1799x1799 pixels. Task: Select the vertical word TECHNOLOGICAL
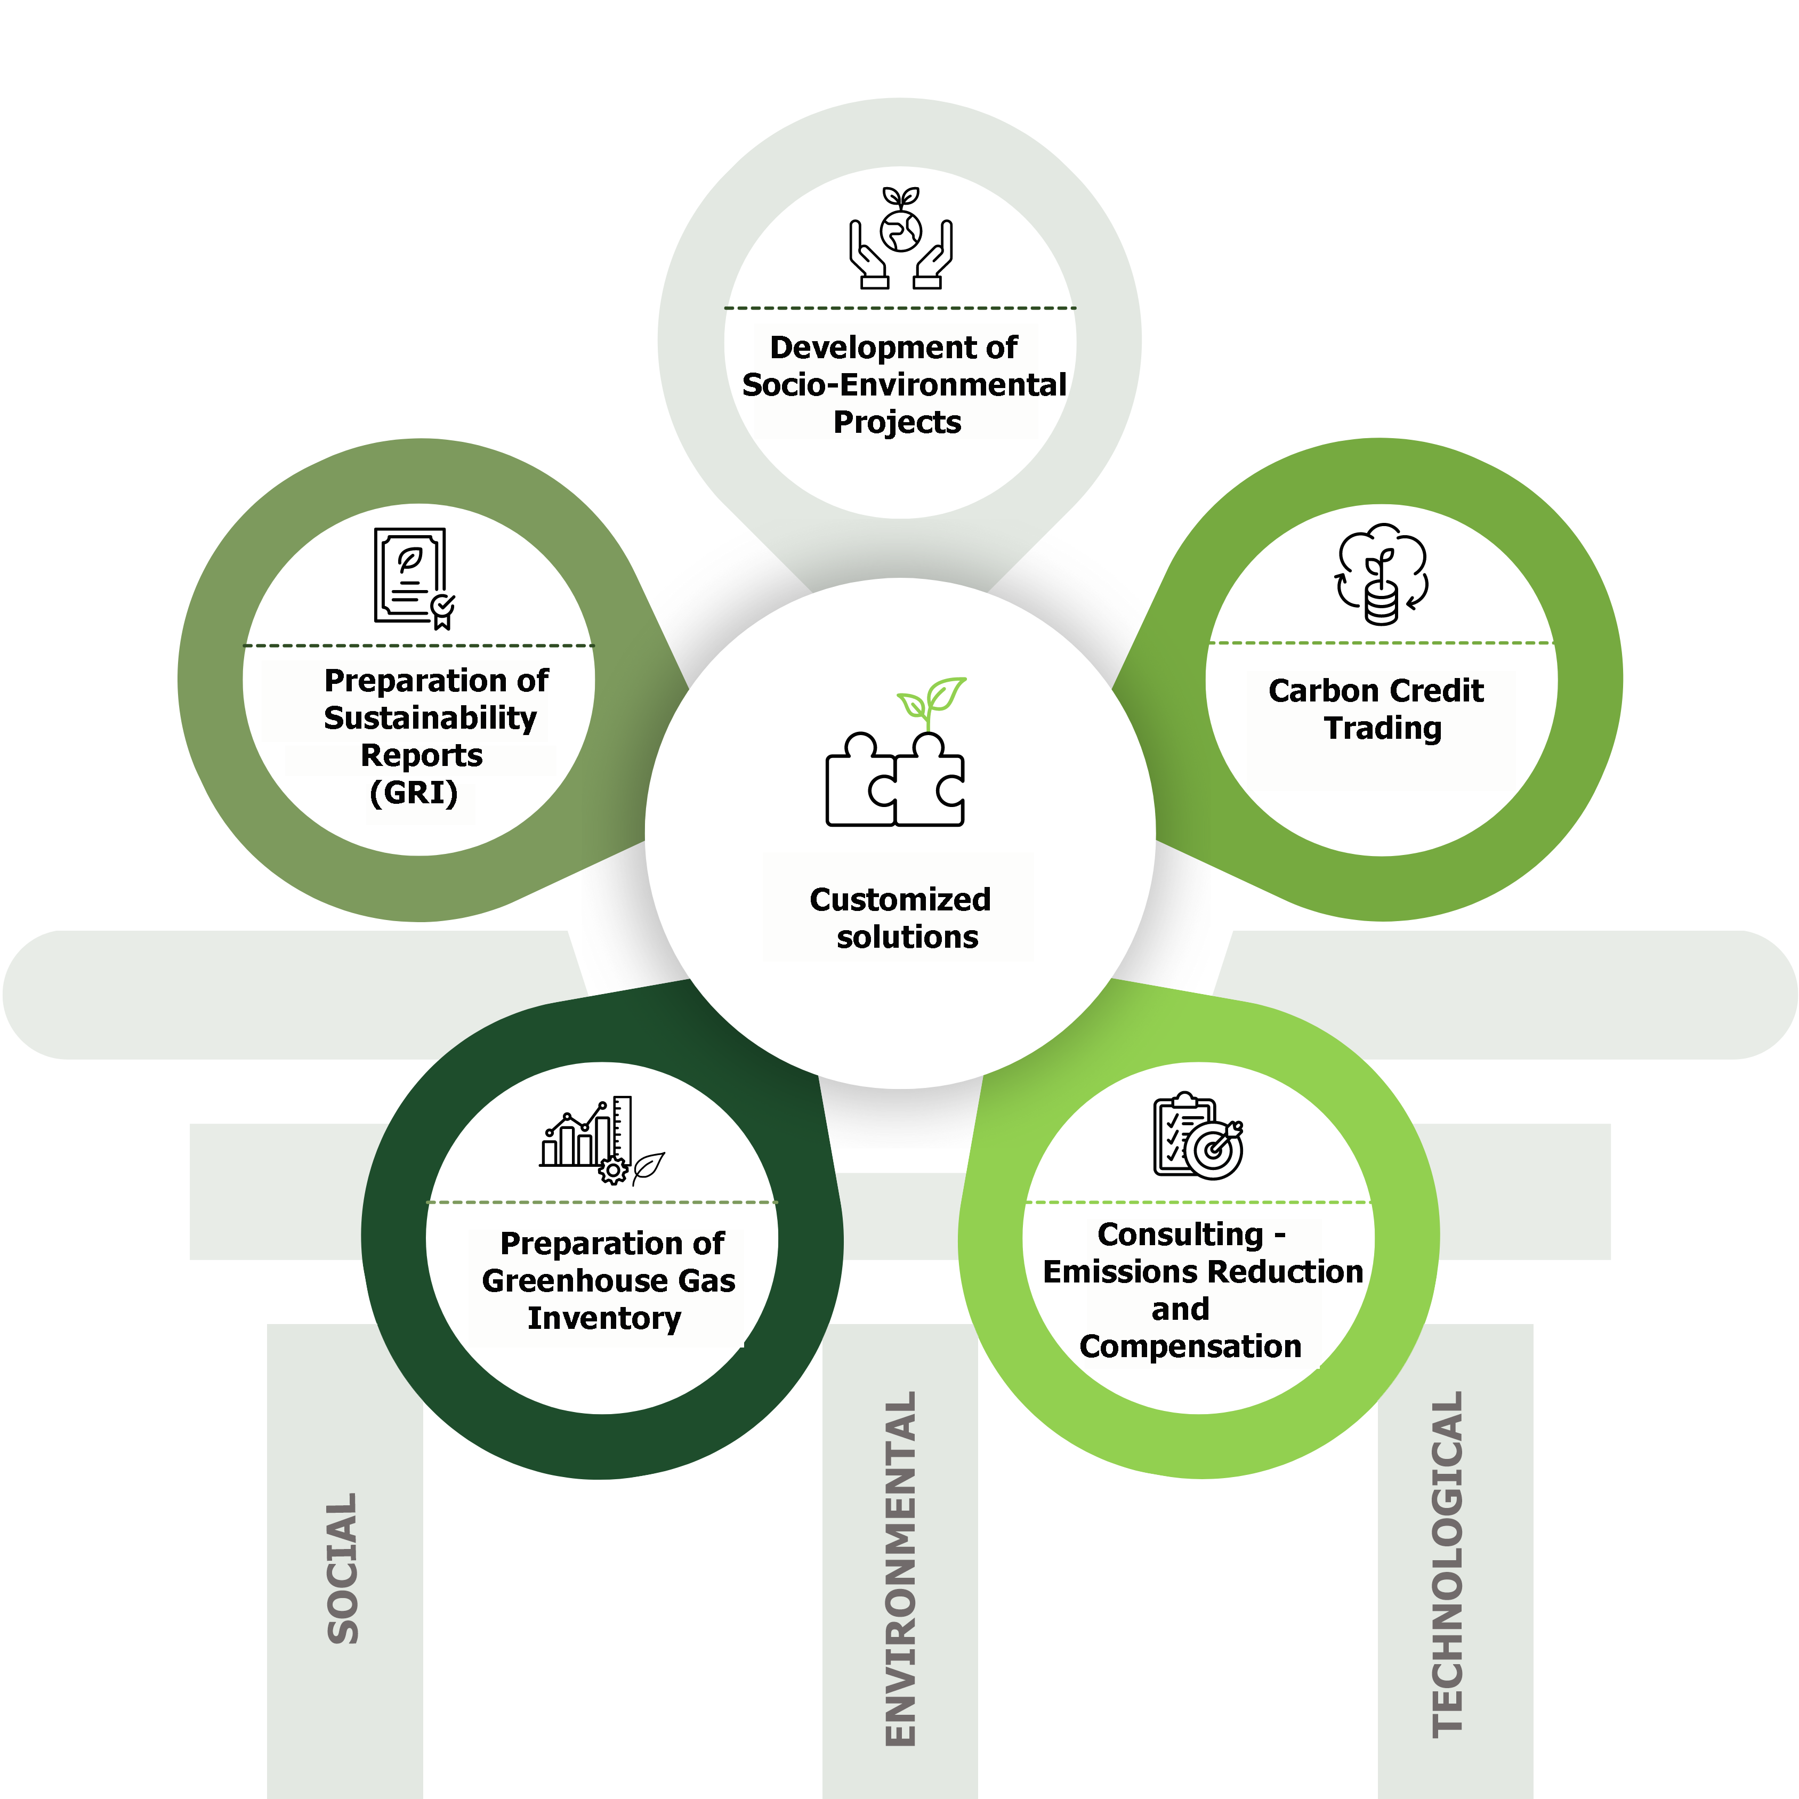pos(1447,1564)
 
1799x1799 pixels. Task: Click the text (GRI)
pos(414,793)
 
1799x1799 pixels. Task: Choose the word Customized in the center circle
pos(900,900)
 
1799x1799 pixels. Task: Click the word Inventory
pos(604,1319)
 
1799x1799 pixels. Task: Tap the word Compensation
pos(1190,1346)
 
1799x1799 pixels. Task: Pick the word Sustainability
pos(430,718)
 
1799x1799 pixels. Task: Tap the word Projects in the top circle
pos(897,422)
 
